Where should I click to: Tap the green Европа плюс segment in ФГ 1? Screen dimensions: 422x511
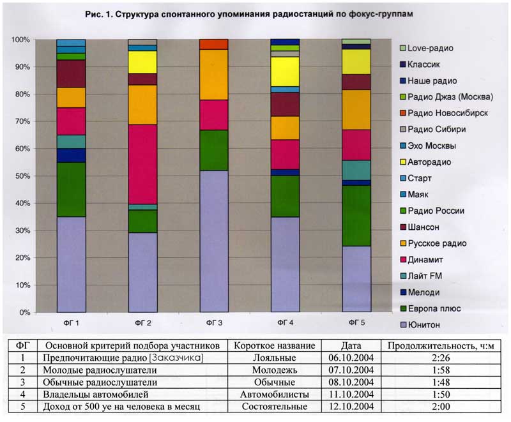click(x=71, y=189)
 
